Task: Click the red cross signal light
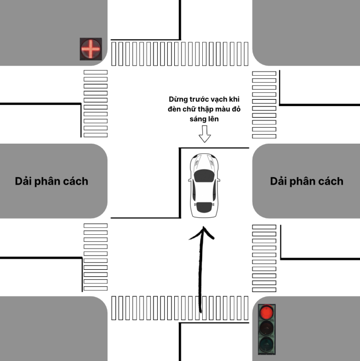tap(90, 49)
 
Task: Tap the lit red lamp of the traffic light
tap(267, 311)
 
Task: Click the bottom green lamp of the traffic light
tap(267, 345)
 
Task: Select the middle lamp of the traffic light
tap(267, 328)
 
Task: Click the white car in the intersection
tap(204, 185)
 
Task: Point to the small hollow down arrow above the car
tap(204, 137)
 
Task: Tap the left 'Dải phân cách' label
tap(51, 181)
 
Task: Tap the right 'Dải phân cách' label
tap(307, 181)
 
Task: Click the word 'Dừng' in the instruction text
tap(179, 100)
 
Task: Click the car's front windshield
tap(204, 175)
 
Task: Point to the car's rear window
tap(204, 206)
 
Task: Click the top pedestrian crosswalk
tap(180, 54)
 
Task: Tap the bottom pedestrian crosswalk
tap(180, 309)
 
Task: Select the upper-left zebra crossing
tap(95, 102)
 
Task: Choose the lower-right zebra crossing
tap(264, 259)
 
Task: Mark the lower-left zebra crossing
tap(95, 257)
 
